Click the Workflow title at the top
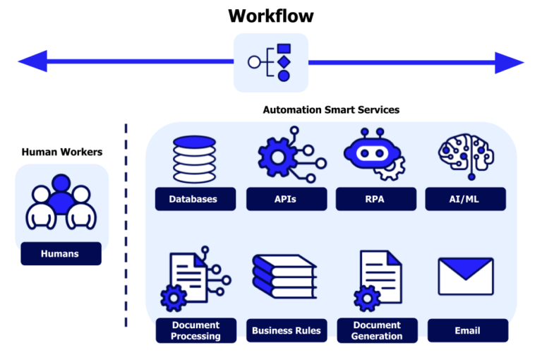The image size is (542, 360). coord(271,16)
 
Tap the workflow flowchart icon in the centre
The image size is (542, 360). coord(271,62)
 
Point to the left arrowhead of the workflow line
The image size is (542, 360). coord(31,62)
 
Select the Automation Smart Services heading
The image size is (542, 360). coord(331,110)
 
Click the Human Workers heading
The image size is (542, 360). coord(62,152)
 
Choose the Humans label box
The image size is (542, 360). coord(61,253)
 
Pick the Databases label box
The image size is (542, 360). coord(193,199)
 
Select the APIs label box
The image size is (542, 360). coord(286,199)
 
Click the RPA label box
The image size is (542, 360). coord(376,199)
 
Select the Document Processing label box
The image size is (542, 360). coord(195,330)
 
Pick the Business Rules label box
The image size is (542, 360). coord(286,330)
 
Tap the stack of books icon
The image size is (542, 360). coord(284,277)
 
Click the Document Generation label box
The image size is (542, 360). coord(377,330)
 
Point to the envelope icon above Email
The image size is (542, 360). coord(466,276)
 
